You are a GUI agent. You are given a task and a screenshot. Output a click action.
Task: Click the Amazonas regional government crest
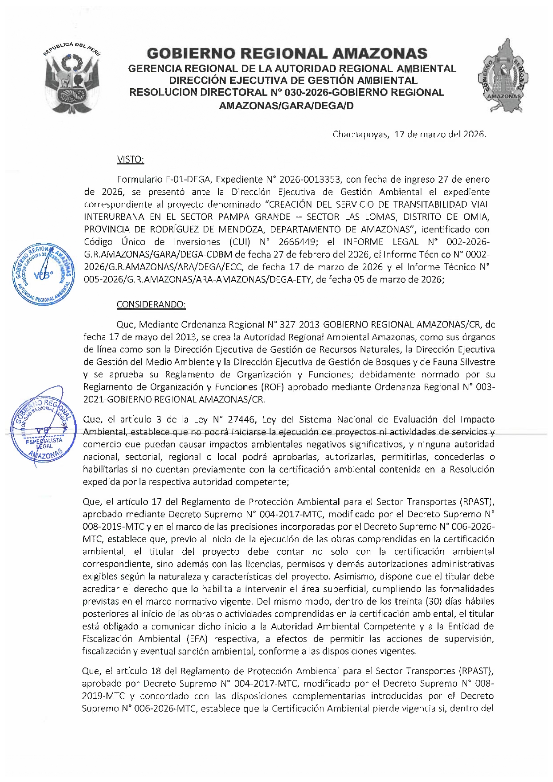click(x=503, y=76)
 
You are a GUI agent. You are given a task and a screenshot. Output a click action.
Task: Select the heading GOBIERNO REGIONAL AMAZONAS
click(x=287, y=54)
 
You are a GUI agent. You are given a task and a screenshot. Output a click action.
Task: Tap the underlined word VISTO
click(x=130, y=160)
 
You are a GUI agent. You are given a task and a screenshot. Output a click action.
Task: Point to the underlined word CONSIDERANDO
click(x=151, y=305)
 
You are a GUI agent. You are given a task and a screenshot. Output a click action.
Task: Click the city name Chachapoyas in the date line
click(x=360, y=134)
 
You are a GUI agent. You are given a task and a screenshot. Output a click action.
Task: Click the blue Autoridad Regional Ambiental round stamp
click(x=44, y=274)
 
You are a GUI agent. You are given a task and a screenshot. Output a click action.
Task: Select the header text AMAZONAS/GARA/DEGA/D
click(x=286, y=106)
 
